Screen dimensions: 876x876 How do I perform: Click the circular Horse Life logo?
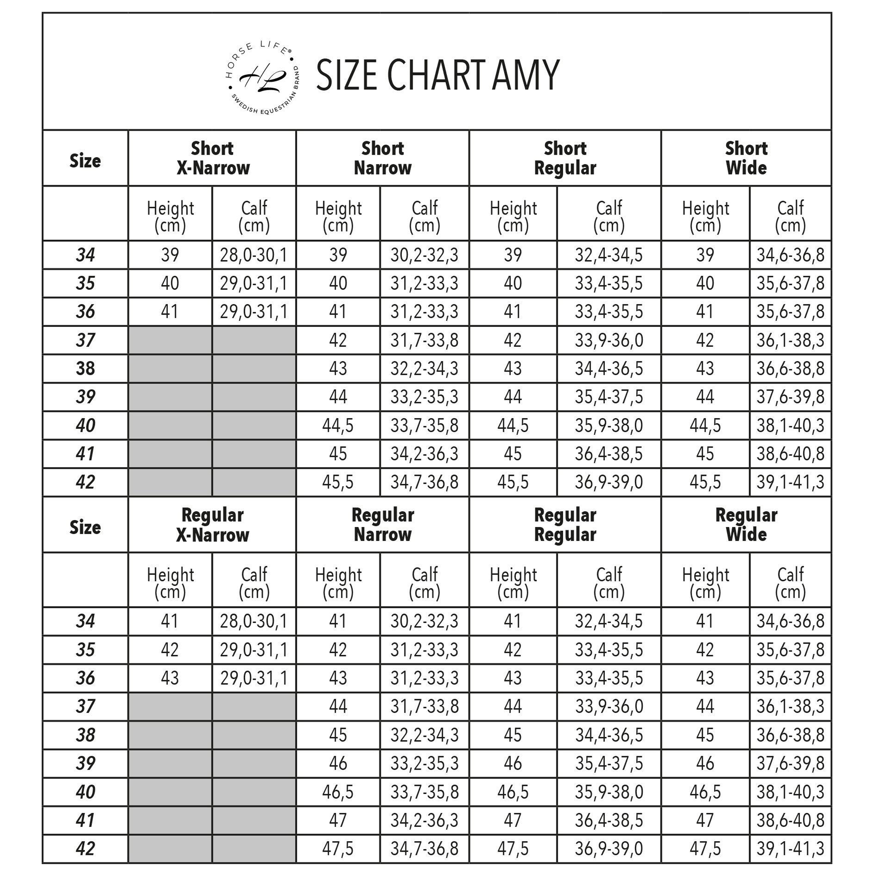click(x=262, y=78)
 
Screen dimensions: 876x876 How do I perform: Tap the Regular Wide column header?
click(x=746, y=525)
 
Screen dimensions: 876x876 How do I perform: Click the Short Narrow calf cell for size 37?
click(x=424, y=340)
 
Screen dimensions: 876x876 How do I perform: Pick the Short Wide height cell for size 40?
click(x=705, y=425)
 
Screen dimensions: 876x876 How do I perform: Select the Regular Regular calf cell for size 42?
click(x=609, y=848)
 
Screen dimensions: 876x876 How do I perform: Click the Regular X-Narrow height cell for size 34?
click(x=170, y=621)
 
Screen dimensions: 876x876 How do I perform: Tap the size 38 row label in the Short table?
click(x=85, y=368)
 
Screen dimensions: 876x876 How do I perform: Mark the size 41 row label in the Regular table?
click(x=85, y=820)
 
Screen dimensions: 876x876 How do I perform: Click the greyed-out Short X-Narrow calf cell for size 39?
click(x=254, y=397)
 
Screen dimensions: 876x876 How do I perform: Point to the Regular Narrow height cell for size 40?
click(x=338, y=792)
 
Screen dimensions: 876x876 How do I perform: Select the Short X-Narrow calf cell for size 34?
click(x=254, y=255)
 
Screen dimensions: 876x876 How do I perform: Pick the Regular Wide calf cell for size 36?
click(x=790, y=678)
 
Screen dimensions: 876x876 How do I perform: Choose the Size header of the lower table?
click(x=85, y=527)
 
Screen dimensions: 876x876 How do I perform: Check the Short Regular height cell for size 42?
click(x=513, y=482)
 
